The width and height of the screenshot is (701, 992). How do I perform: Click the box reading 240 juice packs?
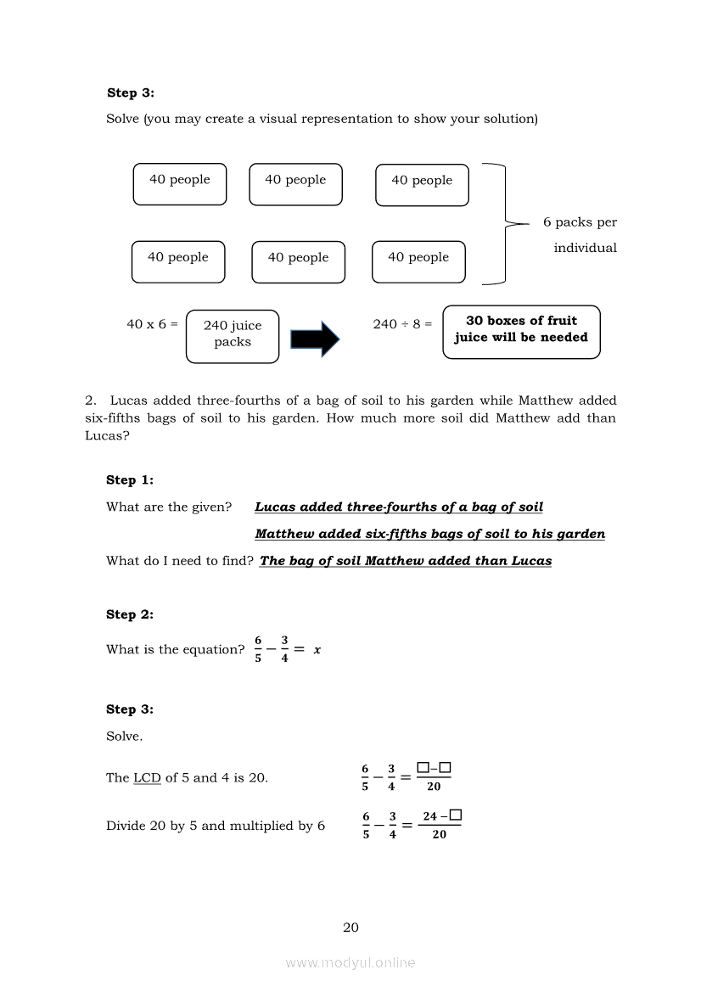coord(233,334)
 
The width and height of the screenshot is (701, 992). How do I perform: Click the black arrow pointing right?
coord(315,339)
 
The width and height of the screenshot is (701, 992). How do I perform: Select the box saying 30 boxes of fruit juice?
coord(521,329)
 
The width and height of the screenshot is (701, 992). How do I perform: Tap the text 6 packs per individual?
coord(581,235)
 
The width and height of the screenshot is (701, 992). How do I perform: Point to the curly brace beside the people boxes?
coord(504,223)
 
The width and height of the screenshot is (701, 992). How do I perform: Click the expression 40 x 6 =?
coord(153,324)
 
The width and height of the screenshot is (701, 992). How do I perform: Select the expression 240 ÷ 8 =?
coord(402,324)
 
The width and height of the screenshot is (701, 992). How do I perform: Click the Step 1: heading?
coord(130,480)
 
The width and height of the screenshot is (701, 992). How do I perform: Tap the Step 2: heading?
coord(130,614)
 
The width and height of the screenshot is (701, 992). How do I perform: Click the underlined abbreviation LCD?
coord(147,777)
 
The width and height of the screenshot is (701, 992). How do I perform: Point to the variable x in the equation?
coord(317,650)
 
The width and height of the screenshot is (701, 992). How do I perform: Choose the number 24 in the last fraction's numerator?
coord(429,816)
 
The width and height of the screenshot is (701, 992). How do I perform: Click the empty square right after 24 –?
coord(456,815)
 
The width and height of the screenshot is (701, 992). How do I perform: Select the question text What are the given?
coord(169,507)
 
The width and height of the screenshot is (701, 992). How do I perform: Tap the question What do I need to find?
coord(180,561)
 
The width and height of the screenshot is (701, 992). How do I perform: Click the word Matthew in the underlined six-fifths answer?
coord(283,535)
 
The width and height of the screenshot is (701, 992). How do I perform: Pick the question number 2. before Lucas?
coord(91,401)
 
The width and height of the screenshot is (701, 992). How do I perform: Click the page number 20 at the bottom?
coord(350,928)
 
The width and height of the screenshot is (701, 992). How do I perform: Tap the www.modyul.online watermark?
coord(350,963)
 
